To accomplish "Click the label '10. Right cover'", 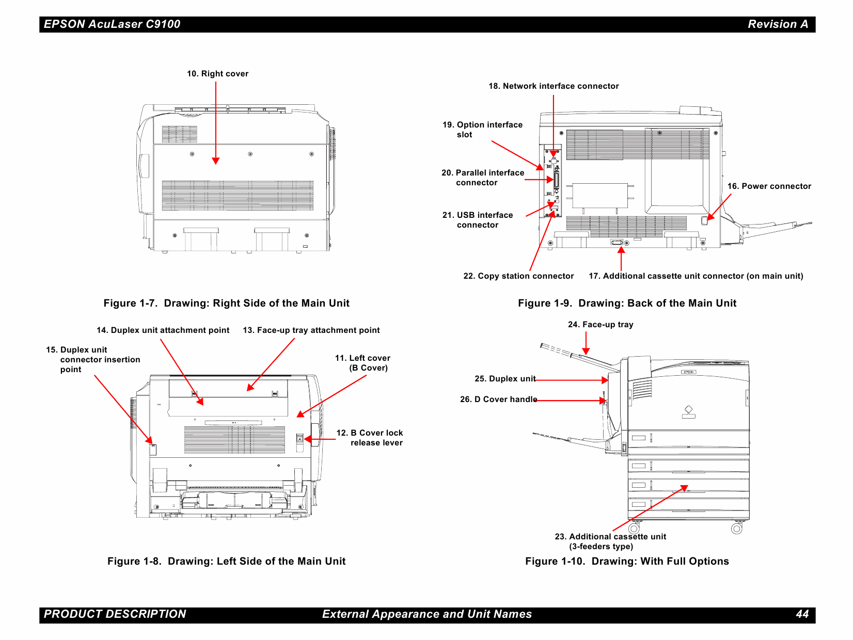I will (217, 74).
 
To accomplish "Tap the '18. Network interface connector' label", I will (554, 86).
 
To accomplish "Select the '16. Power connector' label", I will (769, 186).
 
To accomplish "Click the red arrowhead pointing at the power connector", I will (710, 217).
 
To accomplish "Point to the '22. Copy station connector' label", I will (518, 276).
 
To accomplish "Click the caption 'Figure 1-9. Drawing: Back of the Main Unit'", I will (627, 303).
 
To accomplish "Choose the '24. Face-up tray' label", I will (601, 325).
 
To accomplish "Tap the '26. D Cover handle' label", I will (498, 399).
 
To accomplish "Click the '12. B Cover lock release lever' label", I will (370, 438).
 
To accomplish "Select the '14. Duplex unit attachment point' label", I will (163, 330).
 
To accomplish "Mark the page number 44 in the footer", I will (802, 614).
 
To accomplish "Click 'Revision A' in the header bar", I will (778, 24).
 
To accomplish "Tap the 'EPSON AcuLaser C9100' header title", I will (112, 24).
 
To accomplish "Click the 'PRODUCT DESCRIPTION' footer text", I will (115, 614).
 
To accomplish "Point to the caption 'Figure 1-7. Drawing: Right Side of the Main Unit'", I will (226, 303).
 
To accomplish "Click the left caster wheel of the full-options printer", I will (634, 529).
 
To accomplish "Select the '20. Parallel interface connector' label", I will (483, 178).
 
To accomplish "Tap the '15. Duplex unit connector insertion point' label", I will (93, 360).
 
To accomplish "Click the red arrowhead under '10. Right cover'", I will (216, 161).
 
